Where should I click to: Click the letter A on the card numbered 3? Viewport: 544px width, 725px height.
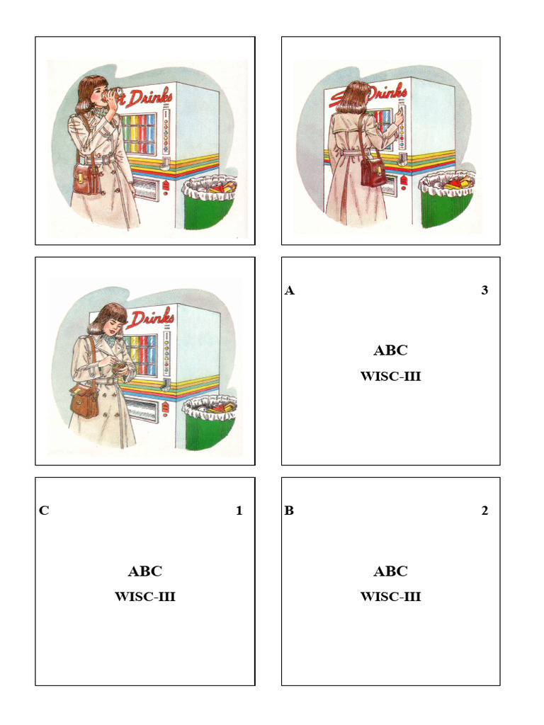[x=289, y=290]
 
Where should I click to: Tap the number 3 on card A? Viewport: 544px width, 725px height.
[x=484, y=290]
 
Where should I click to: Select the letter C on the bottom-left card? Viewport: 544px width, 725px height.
[x=44, y=510]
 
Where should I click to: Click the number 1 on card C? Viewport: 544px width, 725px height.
[x=239, y=510]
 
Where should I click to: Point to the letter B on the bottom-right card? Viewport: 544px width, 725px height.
[x=289, y=510]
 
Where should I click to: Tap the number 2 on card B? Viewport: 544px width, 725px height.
[x=484, y=510]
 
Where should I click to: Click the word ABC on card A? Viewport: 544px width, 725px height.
[x=390, y=350]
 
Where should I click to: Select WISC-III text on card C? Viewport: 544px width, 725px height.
[x=144, y=597]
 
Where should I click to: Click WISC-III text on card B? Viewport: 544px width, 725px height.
[x=390, y=597]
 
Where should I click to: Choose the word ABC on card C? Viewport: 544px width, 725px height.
[x=144, y=571]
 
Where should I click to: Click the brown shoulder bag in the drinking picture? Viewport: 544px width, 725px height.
[x=86, y=178]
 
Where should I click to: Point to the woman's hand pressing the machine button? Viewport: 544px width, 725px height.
[x=398, y=113]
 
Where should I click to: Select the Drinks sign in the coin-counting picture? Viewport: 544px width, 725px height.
[x=150, y=317]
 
